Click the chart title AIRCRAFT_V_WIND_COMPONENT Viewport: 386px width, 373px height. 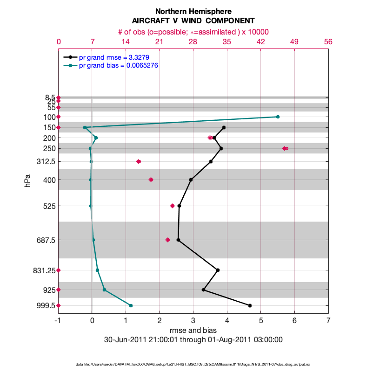(193, 21)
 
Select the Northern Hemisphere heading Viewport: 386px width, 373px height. (193, 11)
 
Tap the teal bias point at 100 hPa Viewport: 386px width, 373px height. (278, 117)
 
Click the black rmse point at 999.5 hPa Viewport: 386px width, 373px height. (250, 305)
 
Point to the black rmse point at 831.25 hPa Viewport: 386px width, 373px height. (218, 270)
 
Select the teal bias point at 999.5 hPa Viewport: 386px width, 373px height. (131, 305)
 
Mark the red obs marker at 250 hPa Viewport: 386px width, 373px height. (285, 148)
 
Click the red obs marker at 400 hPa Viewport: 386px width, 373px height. (151, 180)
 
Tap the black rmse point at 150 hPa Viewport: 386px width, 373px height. (224, 127)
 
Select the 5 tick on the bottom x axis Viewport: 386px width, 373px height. (261, 321)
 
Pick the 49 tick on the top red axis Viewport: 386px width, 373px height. (294, 41)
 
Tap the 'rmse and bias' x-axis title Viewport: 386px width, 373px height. (193, 331)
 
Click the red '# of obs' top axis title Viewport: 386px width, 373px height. (193, 32)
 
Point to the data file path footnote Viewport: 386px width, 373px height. (193, 364)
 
